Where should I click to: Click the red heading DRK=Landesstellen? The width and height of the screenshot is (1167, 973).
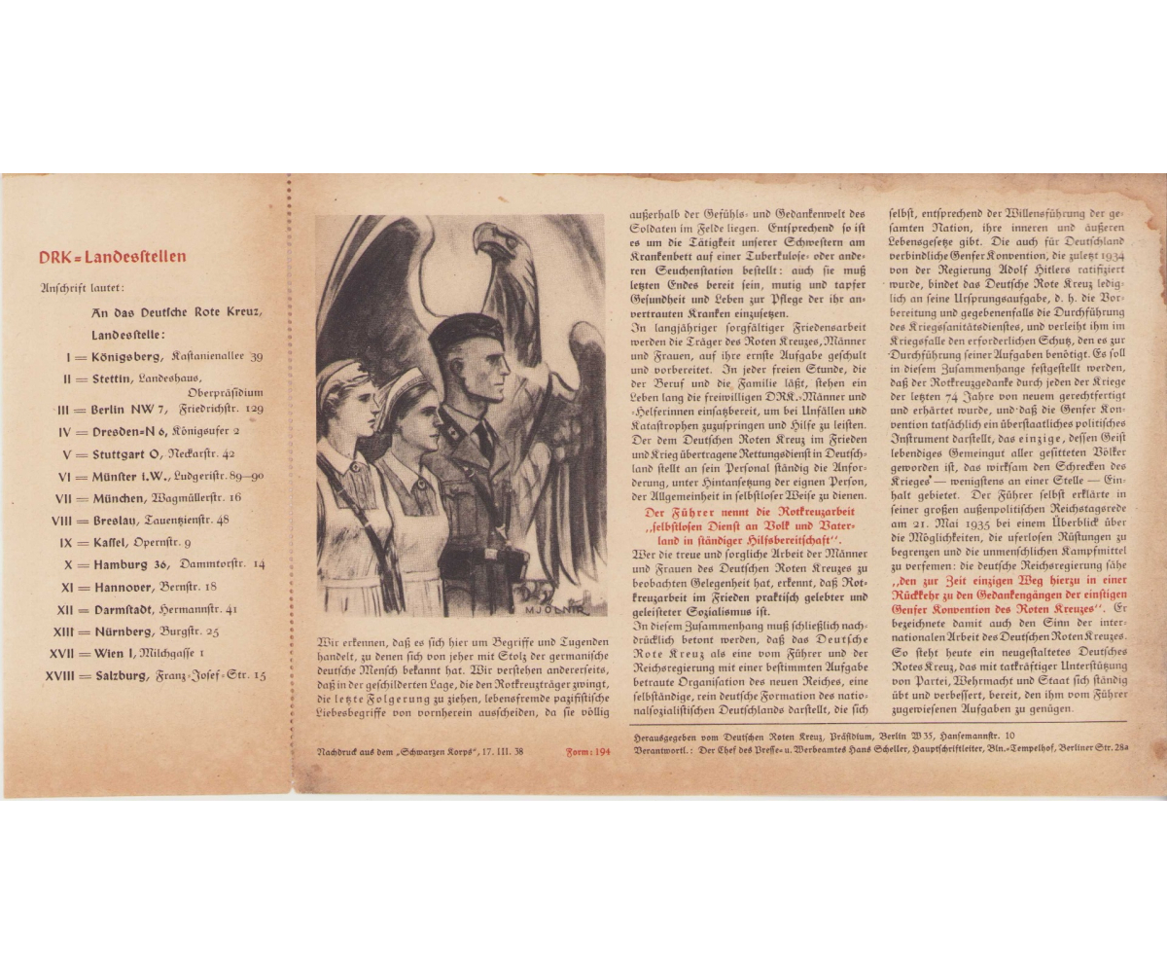pos(112,258)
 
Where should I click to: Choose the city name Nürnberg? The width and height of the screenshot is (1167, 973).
pos(124,631)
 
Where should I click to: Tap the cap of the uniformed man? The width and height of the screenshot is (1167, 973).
pos(466,331)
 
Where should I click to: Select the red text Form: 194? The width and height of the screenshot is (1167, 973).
pos(588,752)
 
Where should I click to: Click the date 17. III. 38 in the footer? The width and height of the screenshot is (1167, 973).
pos(503,752)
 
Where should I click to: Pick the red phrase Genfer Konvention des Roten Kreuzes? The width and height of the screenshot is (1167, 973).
pos(995,608)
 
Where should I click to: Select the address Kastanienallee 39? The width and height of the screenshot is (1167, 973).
pos(217,356)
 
